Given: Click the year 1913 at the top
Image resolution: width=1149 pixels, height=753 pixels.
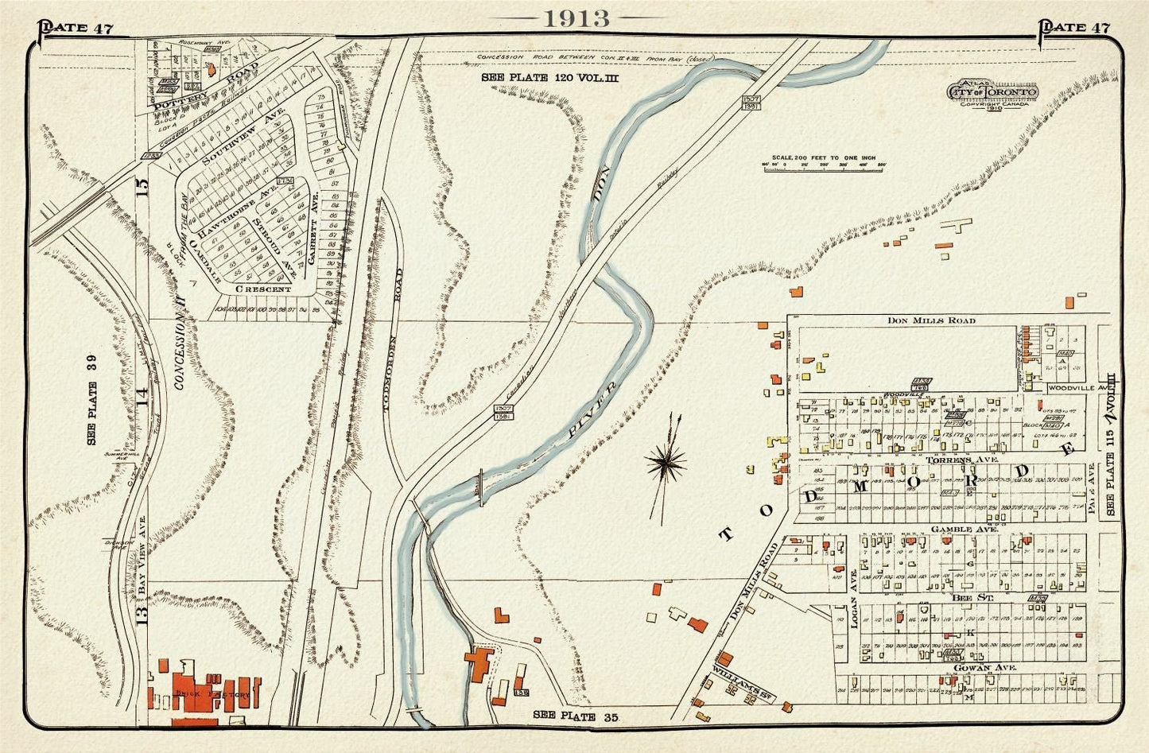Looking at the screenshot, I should pos(576,18).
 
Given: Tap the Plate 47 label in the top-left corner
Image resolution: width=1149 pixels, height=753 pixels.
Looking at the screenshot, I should pos(76,29).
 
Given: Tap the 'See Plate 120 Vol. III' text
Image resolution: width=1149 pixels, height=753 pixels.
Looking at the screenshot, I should pos(549,78).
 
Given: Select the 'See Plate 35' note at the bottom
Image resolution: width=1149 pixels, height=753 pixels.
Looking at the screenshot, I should pos(575,716).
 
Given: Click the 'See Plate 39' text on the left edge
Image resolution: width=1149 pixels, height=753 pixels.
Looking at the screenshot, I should pos(92,413).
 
